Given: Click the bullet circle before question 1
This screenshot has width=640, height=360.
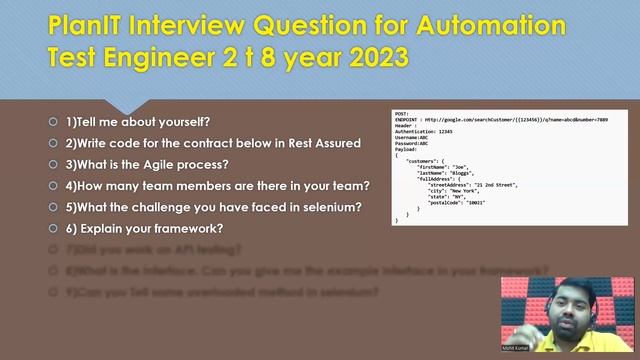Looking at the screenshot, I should (x=53, y=122).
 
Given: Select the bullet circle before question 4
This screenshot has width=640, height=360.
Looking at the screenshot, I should (x=53, y=186).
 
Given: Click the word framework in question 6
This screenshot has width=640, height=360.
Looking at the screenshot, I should (x=189, y=229).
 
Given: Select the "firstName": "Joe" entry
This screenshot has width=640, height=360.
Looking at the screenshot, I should (x=449, y=167).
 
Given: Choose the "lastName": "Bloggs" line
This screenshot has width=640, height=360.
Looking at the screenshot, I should (x=455, y=173).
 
